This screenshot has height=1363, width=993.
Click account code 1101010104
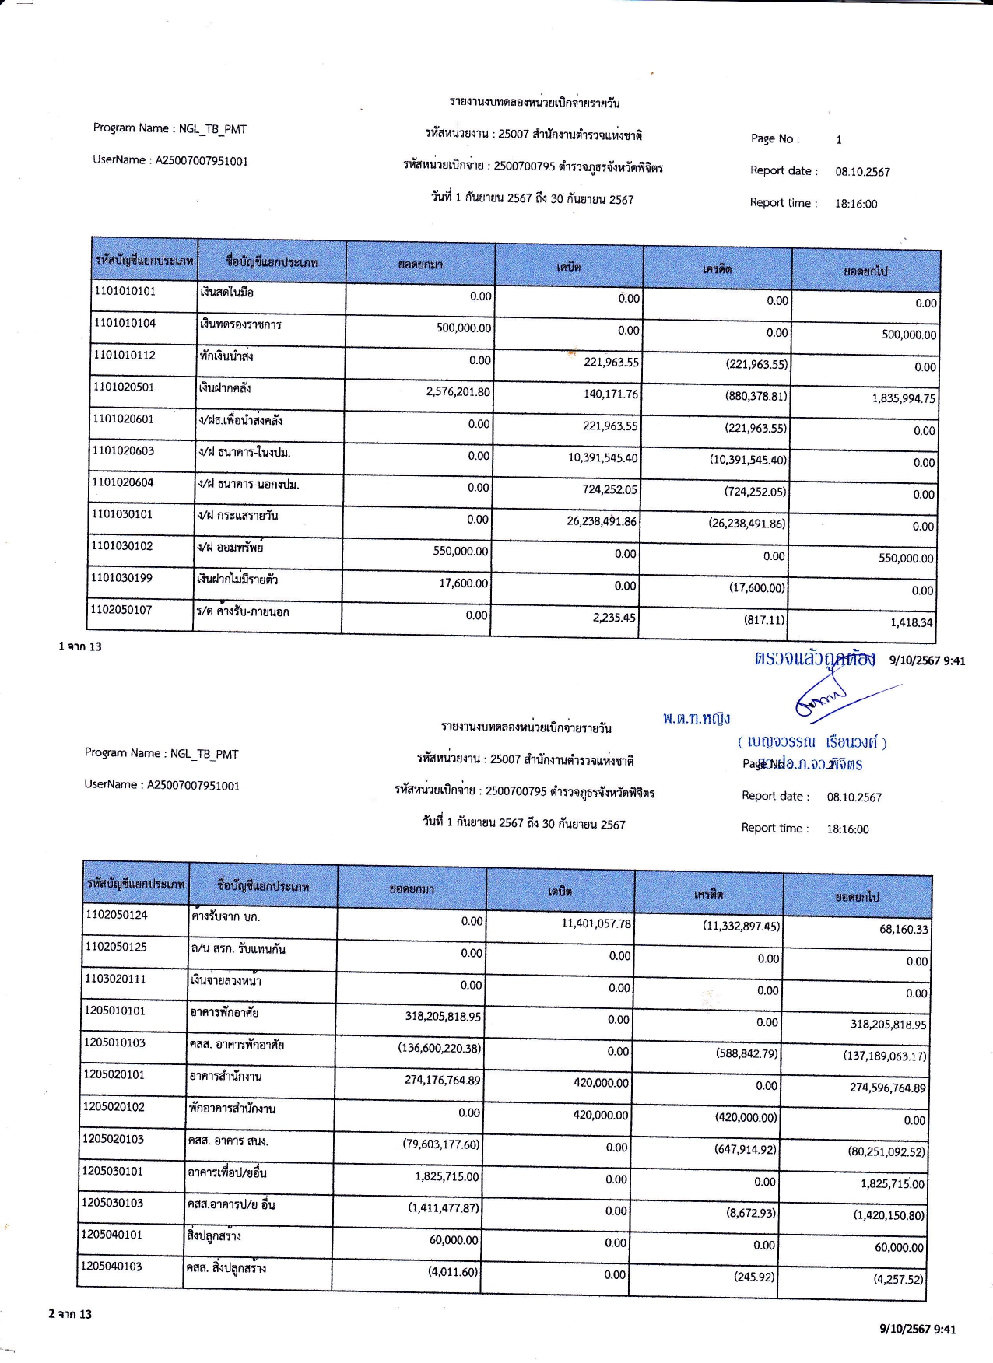click(x=125, y=323)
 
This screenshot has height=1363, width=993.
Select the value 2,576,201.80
click(x=458, y=391)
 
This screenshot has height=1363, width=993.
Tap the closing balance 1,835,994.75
click(x=904, y=398)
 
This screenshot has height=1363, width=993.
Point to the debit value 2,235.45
click(x=613, y=618)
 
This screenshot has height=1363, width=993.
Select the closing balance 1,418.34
click(x=911, y=622)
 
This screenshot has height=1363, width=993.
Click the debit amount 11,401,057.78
click(x=596, y=923)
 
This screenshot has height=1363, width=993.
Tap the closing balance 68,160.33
click(x=904, y=929)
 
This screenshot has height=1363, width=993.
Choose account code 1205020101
click(x=114, y=1074)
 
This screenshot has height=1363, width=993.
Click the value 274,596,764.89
click(x=887, y=1088)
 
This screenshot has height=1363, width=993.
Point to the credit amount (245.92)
click(x=754, y=1276)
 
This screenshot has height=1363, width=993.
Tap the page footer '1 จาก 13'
click(x=80, y=646)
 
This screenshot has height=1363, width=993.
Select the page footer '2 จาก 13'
click(x=70, y=1314)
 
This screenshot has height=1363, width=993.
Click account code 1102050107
click(x=121, y=609)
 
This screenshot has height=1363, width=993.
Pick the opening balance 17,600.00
click(x=464, y=583)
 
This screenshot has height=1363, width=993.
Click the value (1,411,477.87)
click(x=444, y=1207)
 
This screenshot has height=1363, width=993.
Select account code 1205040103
click(x=111, y=1266)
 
